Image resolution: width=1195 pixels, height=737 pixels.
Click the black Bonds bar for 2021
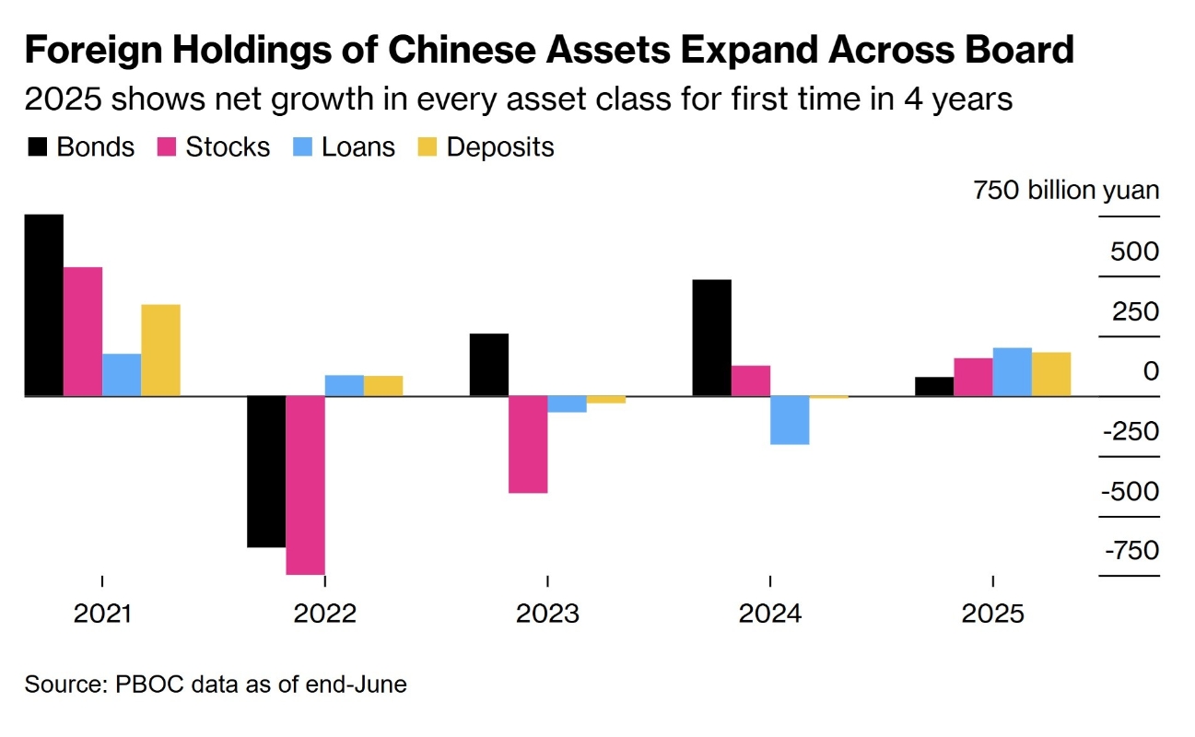coord(44,305)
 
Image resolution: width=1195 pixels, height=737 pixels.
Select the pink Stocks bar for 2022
coord(305,485)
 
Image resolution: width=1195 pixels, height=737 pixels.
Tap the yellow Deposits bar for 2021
coord(160,350)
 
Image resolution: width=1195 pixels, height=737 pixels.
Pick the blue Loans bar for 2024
coord(790,420)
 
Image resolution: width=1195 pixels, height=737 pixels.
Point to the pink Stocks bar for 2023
coord(528,444)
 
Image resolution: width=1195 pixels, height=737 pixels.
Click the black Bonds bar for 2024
coord(711,337)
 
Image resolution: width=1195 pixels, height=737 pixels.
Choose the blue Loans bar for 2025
coord(1012,372)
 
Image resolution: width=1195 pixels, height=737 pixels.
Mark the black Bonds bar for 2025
coord(934,387)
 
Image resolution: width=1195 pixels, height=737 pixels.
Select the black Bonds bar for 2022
coord(266,472)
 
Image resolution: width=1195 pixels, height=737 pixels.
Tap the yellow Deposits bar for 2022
coord(383,386)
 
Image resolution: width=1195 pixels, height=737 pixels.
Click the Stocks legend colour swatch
coord(167,147)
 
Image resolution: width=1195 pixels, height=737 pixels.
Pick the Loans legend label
coord(358,147)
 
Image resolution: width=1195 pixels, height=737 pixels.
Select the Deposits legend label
coord(499,147)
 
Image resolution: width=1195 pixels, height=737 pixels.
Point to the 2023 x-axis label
coord(547,614)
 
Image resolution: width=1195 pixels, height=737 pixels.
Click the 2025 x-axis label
coord(992,614)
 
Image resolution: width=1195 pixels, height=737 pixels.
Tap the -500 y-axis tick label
coord(1131,491)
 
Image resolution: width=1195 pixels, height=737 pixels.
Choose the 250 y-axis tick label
coord(1134,312)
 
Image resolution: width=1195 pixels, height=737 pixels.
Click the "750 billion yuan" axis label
coord(1066,192)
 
